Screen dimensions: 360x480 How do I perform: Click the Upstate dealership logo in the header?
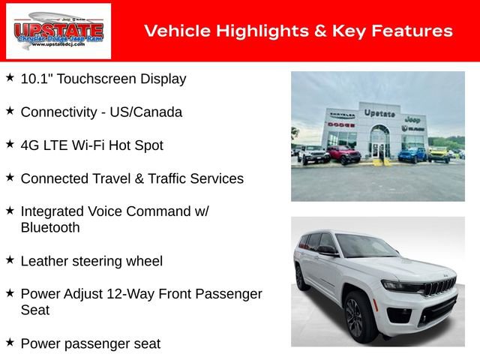[58, 31]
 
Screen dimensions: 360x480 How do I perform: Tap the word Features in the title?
[415, 31]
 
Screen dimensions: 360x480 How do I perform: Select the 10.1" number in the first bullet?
[35, 79]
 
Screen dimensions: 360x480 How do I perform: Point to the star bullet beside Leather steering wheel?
[10, 260]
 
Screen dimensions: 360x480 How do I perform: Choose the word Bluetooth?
[50, 227]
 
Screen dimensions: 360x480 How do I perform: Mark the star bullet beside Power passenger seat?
[10, 343]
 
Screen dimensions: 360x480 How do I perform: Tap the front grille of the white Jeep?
[440, 288]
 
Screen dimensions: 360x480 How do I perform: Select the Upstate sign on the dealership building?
[379, 113]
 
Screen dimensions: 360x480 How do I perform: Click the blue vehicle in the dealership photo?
[411, 154]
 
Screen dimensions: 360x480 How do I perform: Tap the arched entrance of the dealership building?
[379, 139]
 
